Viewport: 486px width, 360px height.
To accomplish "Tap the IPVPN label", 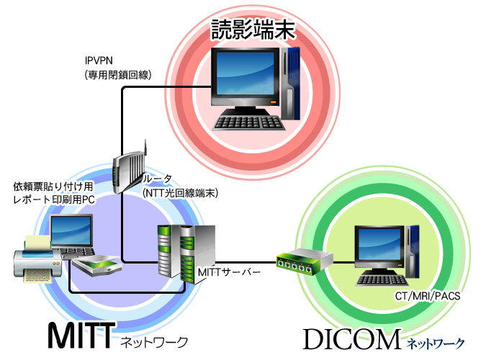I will (x=99, y=61).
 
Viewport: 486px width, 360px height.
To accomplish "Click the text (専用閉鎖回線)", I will (x=117, y=73).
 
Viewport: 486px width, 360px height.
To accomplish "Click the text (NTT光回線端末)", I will (x=179, y=192).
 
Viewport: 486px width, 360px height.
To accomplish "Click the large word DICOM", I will (x=351, y=339).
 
